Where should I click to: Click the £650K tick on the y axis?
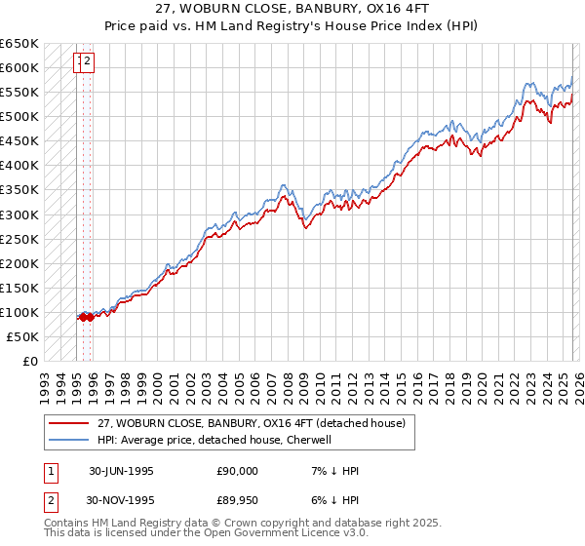point(19,44)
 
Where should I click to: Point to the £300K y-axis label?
point(19,214)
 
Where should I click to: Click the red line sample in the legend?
point(68,422)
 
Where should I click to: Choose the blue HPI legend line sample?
point(68,440)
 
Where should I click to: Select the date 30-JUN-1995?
point(121,471)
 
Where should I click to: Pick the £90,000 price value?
point(237,471)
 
